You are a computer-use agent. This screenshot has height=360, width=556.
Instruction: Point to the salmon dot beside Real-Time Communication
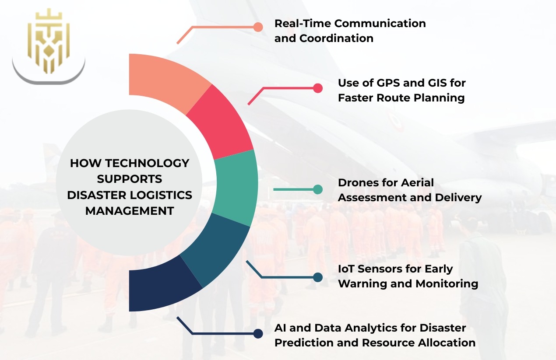click(x=258, y=27)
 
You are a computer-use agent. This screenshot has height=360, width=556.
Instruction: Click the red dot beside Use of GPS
click(x=318, y=88)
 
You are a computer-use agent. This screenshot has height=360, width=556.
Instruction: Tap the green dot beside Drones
click(x=318, y=189)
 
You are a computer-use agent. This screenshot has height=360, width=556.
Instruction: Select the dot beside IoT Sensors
click(x=318, y=277)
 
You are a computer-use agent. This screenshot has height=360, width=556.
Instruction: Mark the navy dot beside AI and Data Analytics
click(x=258, y=334)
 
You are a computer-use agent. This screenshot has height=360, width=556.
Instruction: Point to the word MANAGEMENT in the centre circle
click(x=130, y=211)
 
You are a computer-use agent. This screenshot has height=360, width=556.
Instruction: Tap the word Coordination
click(x=336, y=38)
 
